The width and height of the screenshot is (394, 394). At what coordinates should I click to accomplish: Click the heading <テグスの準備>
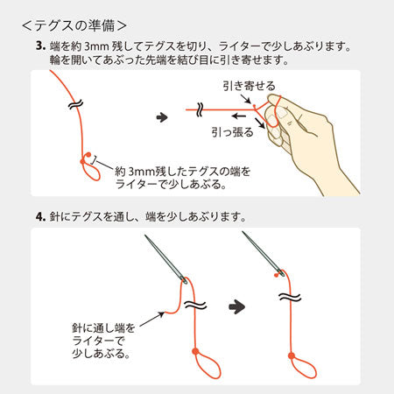click(x=74, y=25)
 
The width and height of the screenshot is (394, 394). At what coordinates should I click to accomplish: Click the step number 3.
click(x=40, y=46)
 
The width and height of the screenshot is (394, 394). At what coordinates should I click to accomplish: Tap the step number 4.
click(x=40, y=217)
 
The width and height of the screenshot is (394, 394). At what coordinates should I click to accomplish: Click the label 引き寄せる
click(x=249, y=86)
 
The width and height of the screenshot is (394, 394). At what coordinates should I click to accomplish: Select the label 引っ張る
click(x=232, y=132)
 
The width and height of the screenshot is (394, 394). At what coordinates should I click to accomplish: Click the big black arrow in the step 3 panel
click(x=162, y=117)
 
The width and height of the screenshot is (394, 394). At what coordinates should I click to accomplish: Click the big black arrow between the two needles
click(x=236, y=306)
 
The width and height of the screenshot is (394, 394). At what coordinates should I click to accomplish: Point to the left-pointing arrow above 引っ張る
click(x=238, y=116)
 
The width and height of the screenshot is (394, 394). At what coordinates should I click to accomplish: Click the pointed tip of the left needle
click(x=145, y=236)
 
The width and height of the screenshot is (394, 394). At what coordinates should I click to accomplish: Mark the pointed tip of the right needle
click(x=243, y=232)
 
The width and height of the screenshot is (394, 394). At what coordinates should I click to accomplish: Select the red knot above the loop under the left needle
click(x=195, y=351)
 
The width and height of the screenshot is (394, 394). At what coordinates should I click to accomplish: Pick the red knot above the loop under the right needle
click(x=292, y=355)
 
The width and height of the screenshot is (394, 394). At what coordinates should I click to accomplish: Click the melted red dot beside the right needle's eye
click(x=275, y=275)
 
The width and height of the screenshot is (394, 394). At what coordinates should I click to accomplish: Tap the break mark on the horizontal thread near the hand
click(x=200, y=109)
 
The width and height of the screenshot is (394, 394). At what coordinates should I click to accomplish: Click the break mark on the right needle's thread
click(x=289, y=297)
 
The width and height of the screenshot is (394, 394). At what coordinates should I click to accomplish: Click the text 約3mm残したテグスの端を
click(x=183, y=172)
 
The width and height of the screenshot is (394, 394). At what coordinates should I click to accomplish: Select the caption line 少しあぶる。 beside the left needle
click(x=101, y=354)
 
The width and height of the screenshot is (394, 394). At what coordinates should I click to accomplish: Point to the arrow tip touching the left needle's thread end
click(x=164, y=313)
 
